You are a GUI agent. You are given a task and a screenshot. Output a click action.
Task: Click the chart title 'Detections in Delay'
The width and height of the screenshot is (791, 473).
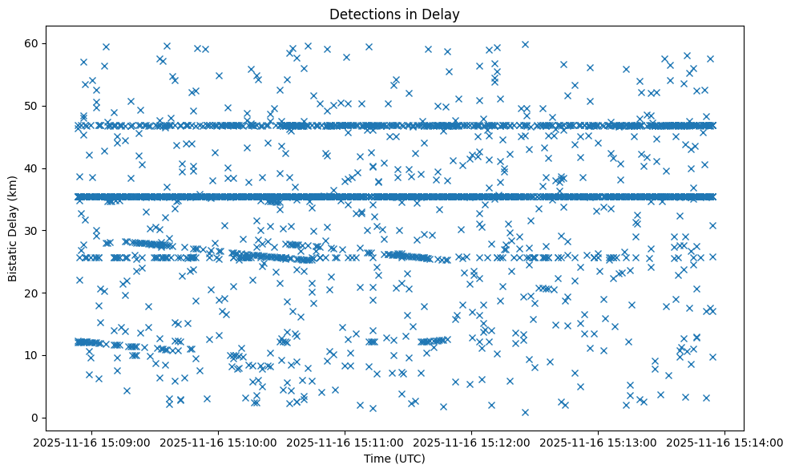(394, 14)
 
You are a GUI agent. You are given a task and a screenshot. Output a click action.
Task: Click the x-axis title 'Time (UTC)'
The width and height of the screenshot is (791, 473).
(394, 459)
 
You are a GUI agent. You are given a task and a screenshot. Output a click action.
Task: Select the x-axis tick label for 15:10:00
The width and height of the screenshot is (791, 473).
(218, 443)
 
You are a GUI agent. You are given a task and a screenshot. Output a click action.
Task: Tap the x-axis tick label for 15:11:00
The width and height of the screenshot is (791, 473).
(345, 443)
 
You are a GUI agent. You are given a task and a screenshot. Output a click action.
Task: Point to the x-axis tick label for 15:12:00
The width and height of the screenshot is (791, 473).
(472, 443)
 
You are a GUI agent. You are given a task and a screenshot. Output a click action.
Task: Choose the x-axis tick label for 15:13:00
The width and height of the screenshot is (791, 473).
(599, 443)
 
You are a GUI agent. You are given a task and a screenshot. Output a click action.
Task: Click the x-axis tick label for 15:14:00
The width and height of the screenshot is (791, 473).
(726, 443)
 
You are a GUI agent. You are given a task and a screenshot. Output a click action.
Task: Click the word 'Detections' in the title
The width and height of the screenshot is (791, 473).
(361, 14)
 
